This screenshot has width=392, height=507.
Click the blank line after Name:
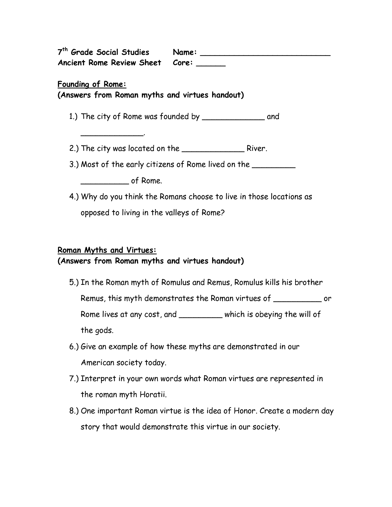[265, 55]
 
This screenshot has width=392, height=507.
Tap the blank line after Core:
[211, 65]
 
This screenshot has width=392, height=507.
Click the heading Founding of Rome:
[92, 84]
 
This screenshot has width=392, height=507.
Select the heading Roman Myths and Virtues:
[107, 250]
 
